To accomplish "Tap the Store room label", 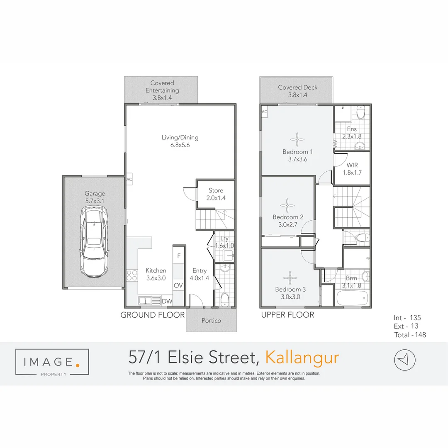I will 216,190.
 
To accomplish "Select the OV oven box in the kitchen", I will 178,285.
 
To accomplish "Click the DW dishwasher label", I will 167,302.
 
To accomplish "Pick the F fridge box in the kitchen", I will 179,256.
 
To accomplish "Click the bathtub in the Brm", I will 351,298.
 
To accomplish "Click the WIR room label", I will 352,165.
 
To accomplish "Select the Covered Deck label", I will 297,88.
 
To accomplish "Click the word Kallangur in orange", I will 302,357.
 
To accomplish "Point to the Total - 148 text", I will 410,335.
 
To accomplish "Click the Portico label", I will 211,321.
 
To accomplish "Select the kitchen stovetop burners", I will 132,275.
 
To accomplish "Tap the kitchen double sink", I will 149,301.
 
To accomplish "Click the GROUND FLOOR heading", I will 152,315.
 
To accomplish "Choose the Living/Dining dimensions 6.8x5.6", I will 180,145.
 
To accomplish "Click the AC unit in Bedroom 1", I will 265,112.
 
